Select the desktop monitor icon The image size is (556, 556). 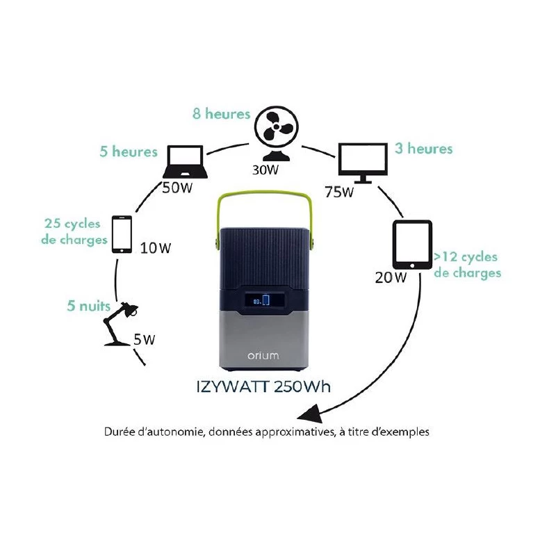pyautogui.click(x=362, y=161)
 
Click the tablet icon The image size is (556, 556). pyautogui.click(x=413, y=245)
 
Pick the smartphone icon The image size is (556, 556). pyautogui.click(x=122, y=234)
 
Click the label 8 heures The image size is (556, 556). pyautogui.click(x=221, y=113)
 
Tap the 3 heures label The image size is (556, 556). pyautogui.click(x=424, y=149)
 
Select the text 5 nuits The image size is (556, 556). pyautogui.click(x=87, y=304)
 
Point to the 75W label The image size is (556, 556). pyautogui.click(x=339, y=192)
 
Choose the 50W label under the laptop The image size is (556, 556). pyautogui.click(x=177, y=187)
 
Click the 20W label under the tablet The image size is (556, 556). pyautogui.click(x=391, y=277)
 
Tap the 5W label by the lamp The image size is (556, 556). pyautogui.click(x=144, y=340)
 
